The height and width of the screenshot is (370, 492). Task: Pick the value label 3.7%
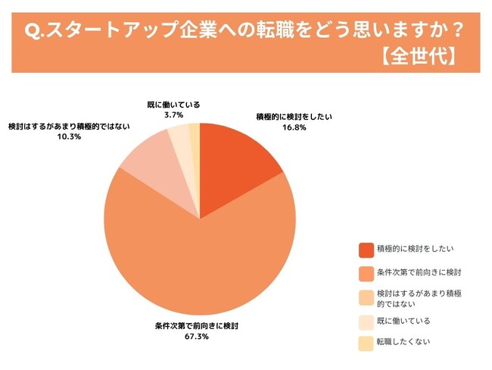point(173,114)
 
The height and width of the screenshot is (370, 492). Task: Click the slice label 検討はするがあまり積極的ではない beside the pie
point(70,126)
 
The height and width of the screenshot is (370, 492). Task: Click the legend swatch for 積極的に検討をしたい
point(366,249)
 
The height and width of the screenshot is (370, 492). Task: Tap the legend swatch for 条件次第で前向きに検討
point(366,271)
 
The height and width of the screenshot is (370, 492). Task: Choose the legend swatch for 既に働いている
point(366,321)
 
